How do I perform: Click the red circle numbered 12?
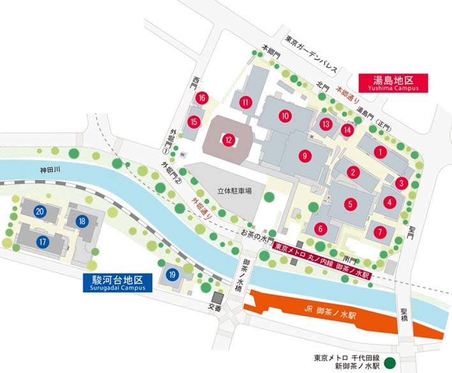coord(229,139)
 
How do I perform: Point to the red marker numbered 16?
coord(202,98)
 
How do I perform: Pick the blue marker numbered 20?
coord(40,212)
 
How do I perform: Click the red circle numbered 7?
coord(381,231)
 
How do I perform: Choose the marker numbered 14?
coord(347,129)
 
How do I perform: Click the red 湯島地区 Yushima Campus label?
coord(393,84)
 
